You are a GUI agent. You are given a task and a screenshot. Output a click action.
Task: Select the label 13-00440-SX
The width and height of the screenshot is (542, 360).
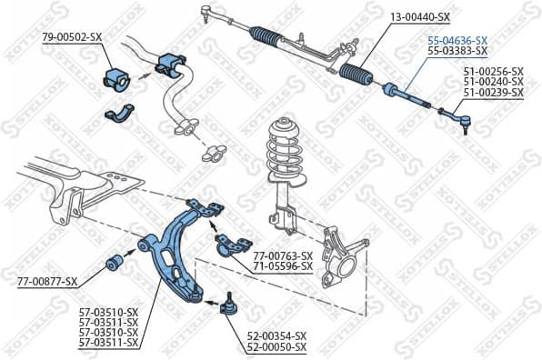419,17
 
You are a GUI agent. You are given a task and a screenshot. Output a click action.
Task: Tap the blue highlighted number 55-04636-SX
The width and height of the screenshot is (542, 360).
457,41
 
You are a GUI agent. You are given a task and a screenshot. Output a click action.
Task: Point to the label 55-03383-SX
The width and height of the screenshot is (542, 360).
457,52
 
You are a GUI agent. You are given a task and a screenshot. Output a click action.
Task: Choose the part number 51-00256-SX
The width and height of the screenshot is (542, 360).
493,71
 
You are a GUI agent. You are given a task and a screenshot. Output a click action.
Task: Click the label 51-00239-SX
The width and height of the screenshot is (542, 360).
493,93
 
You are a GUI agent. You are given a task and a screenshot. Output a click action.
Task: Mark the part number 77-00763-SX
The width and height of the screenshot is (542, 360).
282,255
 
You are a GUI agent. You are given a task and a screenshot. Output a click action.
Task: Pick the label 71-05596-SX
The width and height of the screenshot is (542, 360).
282,266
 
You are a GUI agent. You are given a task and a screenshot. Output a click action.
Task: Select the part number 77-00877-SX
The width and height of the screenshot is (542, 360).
47,282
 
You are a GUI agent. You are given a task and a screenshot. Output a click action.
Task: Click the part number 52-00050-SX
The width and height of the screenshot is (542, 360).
276,347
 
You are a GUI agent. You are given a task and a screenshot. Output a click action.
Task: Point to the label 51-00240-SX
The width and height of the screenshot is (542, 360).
493,82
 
